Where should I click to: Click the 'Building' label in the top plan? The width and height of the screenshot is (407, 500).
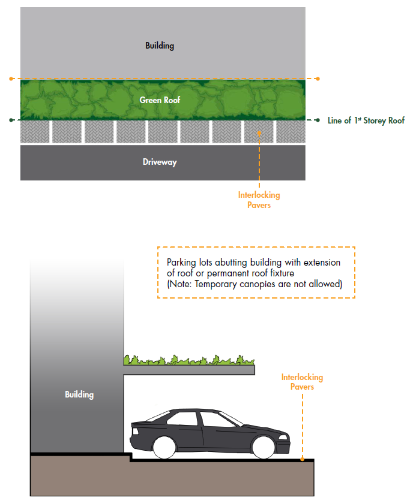tap(159, 46)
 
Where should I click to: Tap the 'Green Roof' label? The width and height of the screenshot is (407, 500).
tap(160, 100)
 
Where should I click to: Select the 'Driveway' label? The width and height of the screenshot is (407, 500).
tap(160, 162)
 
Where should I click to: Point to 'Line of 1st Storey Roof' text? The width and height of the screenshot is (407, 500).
tap(366, 121)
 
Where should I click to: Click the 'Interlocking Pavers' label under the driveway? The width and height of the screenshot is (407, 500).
tap(259, 200)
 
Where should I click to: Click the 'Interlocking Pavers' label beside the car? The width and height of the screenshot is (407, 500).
tap(302, 382)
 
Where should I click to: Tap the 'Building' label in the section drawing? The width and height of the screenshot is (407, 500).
tap(79, 394)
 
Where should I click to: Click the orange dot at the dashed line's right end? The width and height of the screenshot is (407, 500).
tap(318, 79)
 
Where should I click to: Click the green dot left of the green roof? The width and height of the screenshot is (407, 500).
tap(11, 121)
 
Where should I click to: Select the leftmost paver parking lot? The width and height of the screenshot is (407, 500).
tap(35, 132)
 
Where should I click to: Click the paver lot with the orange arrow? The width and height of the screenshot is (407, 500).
tap(259, 132)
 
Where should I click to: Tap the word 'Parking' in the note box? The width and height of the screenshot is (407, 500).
tap(181, 263)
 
